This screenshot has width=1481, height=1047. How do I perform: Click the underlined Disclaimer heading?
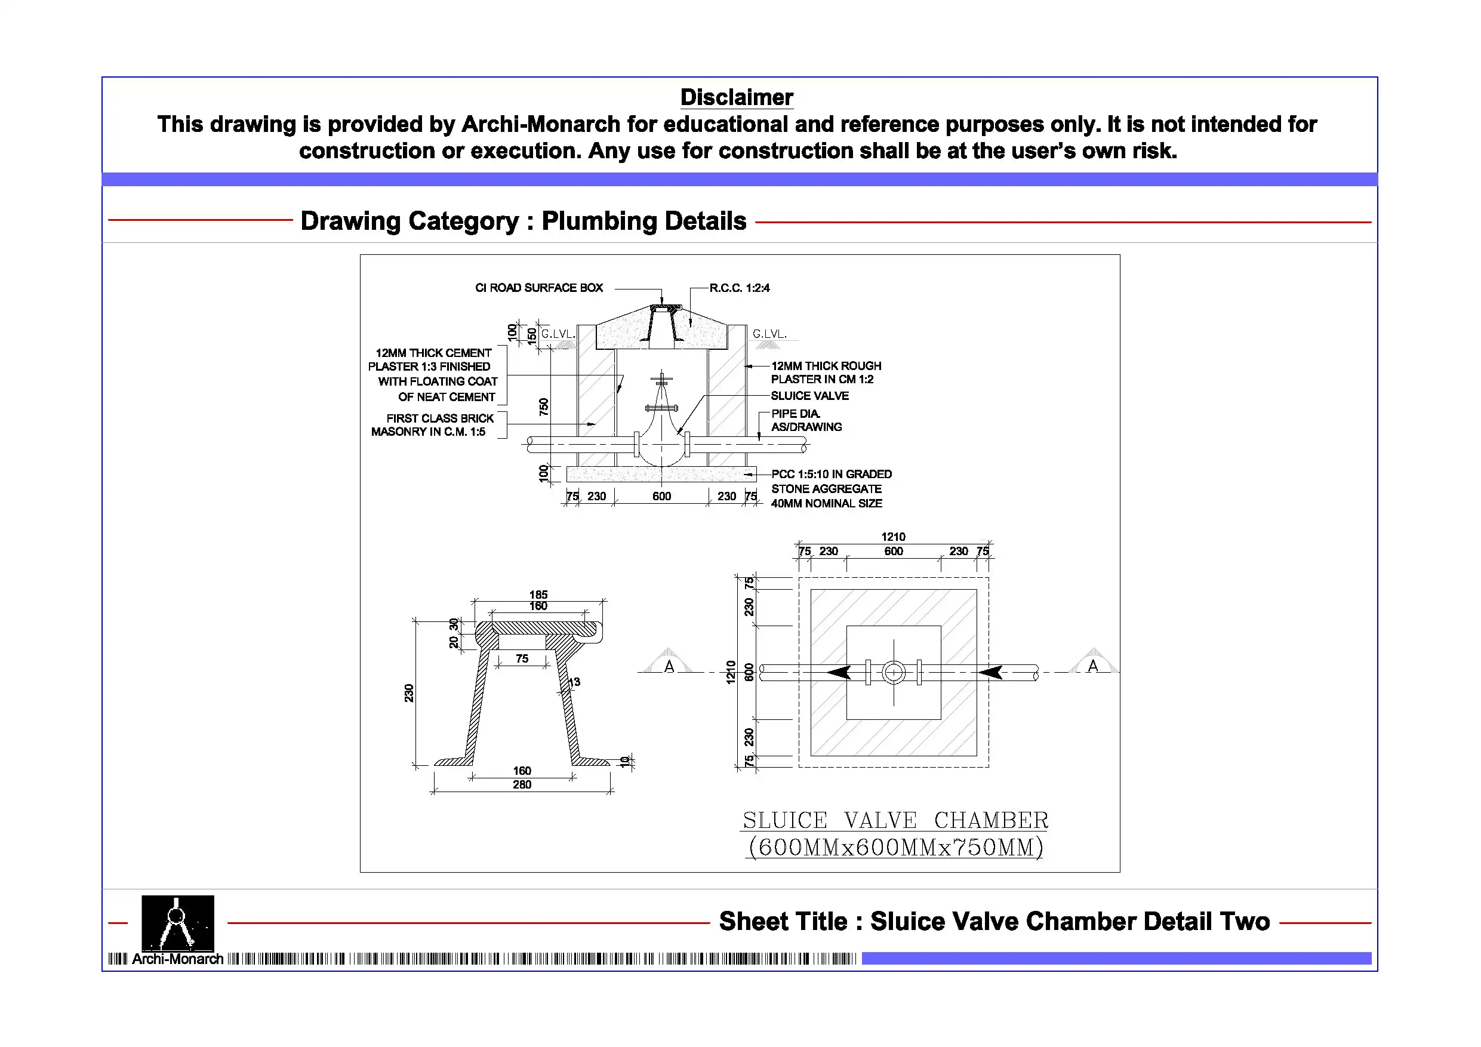(x=736, y=97)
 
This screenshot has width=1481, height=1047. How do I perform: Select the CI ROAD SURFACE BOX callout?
(x=538, y=288)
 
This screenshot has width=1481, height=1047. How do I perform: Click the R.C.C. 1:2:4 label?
(x=739, y=288)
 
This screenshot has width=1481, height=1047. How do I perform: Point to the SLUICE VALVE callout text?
(x=809, y=395)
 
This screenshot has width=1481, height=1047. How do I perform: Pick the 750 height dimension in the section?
(x=544, y=407)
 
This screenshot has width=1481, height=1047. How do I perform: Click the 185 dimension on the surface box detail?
(x=538, y=594)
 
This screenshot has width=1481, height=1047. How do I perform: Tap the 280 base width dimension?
(x=522, y=784)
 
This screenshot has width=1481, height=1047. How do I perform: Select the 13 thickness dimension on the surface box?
(x=574, y=682)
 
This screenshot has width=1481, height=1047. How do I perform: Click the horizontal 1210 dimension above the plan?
(x=893, y=537)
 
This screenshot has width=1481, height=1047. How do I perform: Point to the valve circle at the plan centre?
(x=894, y=672)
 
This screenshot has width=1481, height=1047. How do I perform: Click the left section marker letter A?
(x=669, y=667)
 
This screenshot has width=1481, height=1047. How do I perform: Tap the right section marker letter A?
(x=1092, y=666)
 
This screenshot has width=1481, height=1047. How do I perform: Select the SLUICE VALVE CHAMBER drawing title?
(x=895, y=820)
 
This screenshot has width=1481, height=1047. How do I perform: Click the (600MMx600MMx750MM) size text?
(x=895, y=847)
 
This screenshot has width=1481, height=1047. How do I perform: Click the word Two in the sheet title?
(x=1244, y=921)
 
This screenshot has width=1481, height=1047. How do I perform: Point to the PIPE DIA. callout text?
(x=796, y=414)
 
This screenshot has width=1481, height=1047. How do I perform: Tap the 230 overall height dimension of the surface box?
(x=409, y=693)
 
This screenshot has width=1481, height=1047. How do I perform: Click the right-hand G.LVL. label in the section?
(x=769, y=334)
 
